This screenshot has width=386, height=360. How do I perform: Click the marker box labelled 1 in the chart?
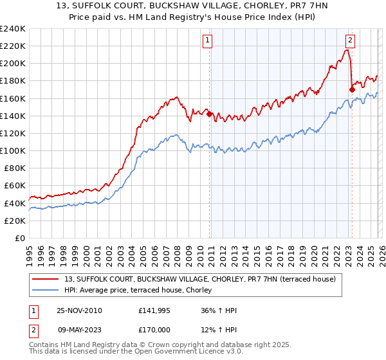(x=208, y=40)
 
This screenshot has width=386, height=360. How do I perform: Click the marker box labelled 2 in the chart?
(x=350, y=40)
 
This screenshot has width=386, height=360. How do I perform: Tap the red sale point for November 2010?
(x=210, y=114)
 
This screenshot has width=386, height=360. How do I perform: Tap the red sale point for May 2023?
(x=352, y=89)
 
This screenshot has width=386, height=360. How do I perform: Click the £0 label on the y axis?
(x=19, y=238)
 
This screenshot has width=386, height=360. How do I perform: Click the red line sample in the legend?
(x=46, y=278)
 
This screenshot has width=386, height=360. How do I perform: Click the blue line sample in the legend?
(x=46, y=289)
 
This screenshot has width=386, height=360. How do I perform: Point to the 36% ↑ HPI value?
(x=219, y=310)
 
